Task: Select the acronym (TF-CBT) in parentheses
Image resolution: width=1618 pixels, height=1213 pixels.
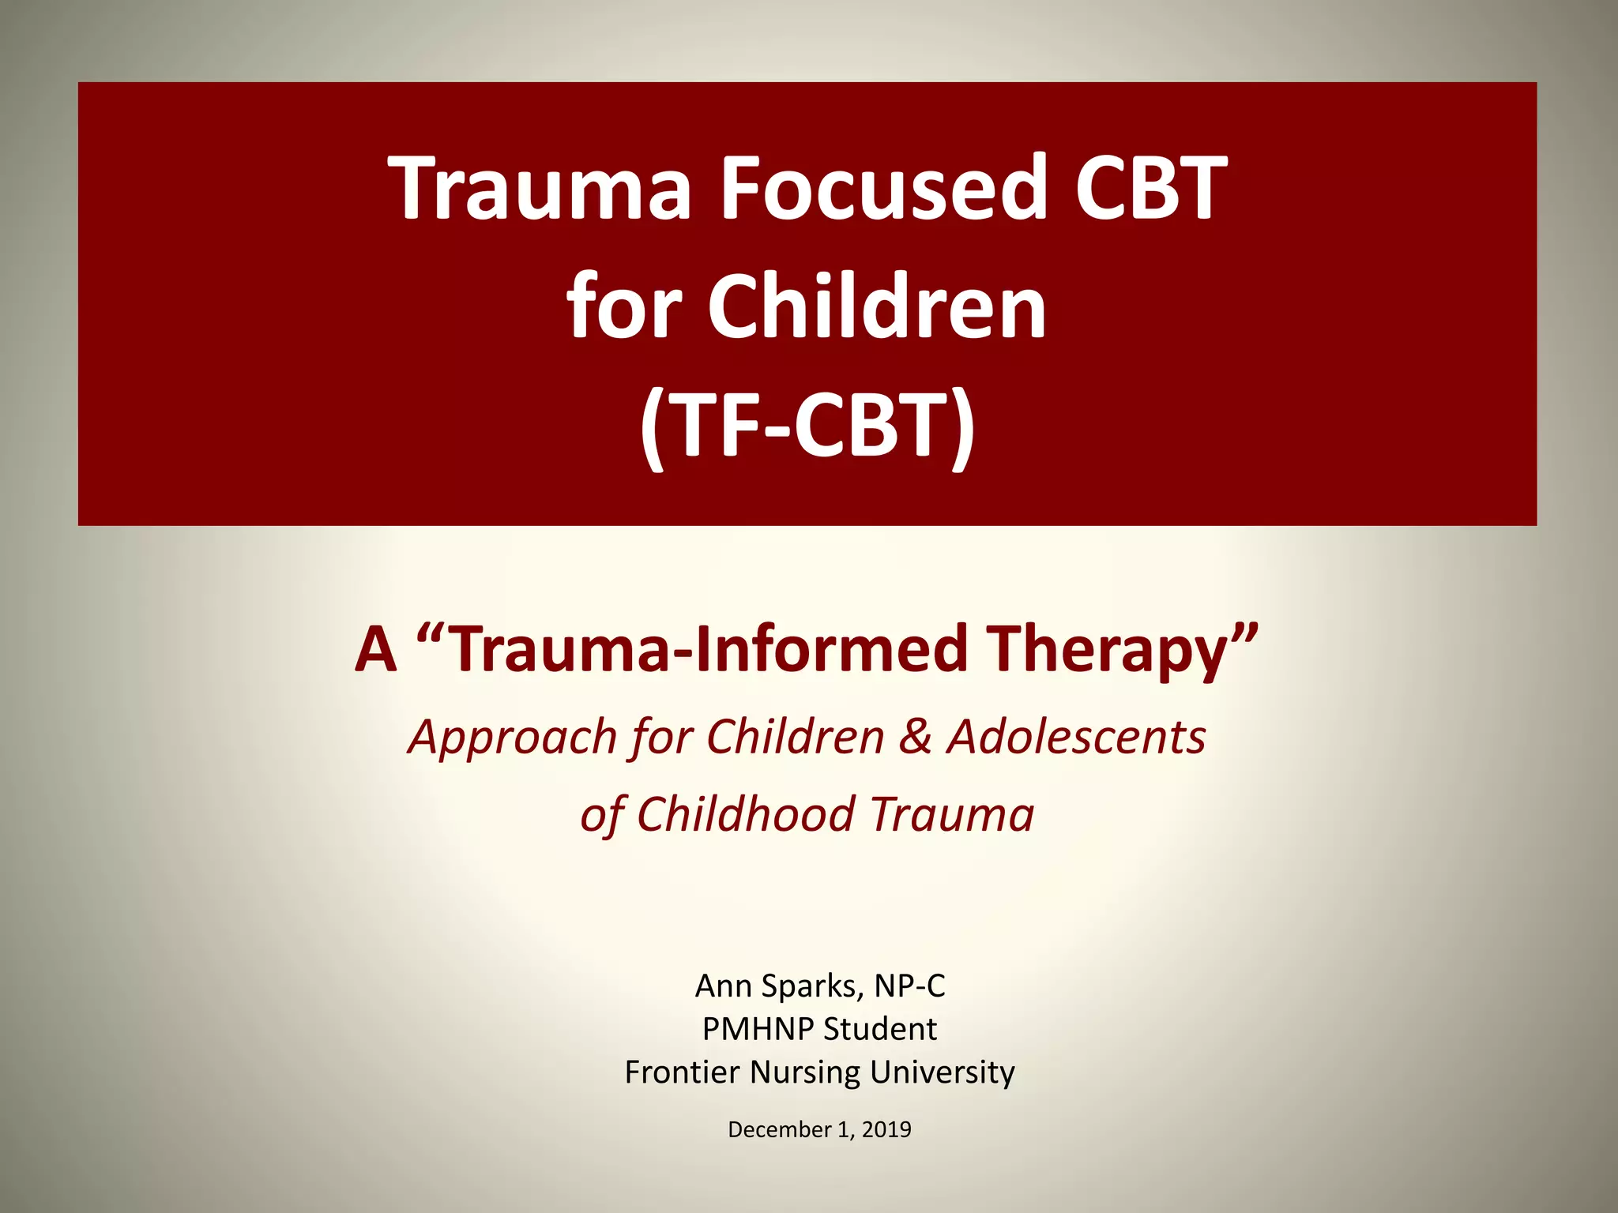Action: point(807,426)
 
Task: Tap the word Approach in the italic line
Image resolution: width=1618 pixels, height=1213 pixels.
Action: point(512,738)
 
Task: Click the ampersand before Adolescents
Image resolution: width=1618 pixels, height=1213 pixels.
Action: point(915,738)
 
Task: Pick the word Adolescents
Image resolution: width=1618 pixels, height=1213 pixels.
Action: point(1077,738)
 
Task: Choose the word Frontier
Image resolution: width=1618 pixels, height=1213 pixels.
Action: point(682,1072)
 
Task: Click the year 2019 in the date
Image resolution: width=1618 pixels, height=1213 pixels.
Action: point(886,1129)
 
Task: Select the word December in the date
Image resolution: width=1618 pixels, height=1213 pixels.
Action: point(778,1129)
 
